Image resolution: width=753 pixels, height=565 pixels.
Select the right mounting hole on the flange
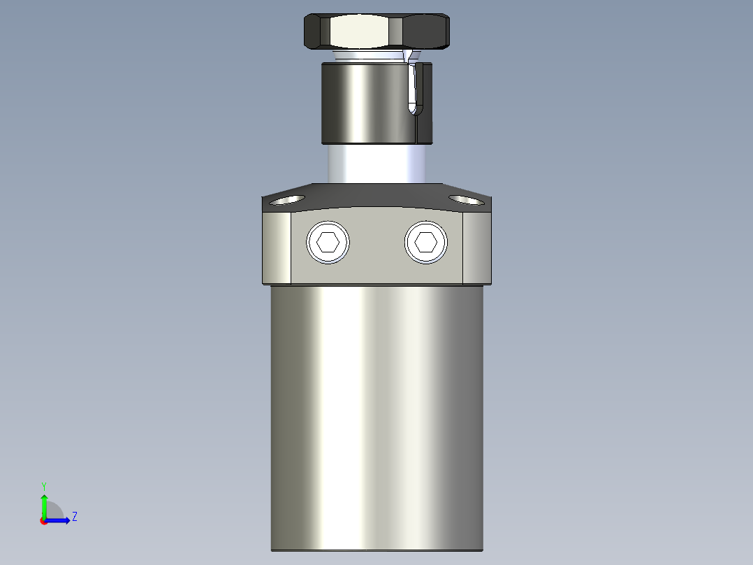click(466, 200)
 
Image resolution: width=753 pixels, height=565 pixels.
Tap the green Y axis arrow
click(44, 505)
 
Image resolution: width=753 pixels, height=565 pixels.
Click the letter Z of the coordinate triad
click(74, 517)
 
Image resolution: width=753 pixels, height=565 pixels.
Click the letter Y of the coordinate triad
click(43, 485)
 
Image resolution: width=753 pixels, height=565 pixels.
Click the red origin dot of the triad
click(44, 521)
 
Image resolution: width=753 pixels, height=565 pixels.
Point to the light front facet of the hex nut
click(361, 31)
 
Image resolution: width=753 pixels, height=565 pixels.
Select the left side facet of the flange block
click(277, 248)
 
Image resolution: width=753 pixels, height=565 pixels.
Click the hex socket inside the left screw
click(328, 243)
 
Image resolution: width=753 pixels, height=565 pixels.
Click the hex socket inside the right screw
click(425, 243)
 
